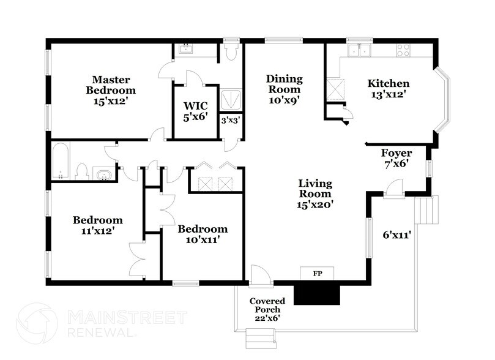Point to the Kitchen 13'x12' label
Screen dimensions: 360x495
388,89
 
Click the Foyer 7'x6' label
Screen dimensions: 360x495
396,158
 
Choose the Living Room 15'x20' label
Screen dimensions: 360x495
315,193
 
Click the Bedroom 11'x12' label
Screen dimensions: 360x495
98,225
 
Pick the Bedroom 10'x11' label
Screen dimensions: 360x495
203,234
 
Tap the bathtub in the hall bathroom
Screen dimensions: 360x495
61,161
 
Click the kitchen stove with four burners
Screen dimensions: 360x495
404,51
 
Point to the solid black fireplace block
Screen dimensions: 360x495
317,294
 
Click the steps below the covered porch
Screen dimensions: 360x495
255,337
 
